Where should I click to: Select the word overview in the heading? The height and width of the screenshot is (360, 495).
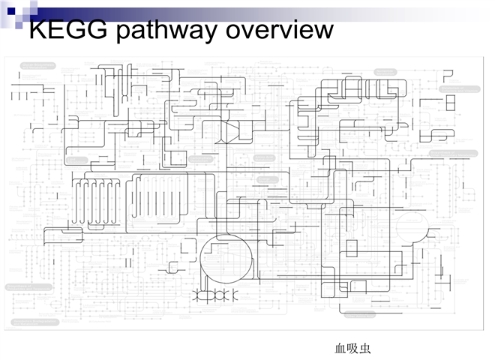(280, 31)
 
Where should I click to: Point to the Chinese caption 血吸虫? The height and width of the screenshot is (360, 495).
(352, 349)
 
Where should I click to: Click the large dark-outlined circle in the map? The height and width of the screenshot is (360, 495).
(226, 259)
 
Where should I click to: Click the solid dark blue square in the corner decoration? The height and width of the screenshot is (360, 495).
(11, 10)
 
